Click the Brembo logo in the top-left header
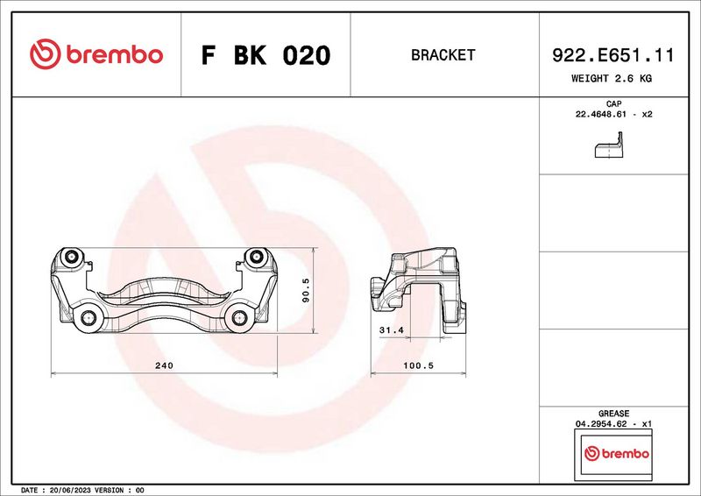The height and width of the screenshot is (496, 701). [x=96, y=54]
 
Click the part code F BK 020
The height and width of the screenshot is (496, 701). [x=266, y=55]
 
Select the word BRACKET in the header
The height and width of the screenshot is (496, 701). [x=443, y=55]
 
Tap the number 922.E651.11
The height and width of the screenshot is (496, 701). [x=612, y=55]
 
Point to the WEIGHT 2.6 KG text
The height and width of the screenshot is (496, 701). [x=612, y=79]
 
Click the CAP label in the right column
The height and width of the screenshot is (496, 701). [x=613, y=103]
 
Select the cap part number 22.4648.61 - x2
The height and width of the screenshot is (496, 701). [x=613, y=115]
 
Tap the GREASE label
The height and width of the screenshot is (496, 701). [x=613, y=413]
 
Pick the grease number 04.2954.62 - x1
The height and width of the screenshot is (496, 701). [x=613, y=423]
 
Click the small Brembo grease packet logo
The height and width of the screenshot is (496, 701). [x=616, y=453]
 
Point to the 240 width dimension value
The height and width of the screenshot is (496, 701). [x=164, y=365]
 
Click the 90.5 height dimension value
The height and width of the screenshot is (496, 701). [x=305, y=290]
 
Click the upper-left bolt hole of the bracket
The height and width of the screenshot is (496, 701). [x=73, y=257]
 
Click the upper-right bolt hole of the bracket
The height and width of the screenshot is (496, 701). [x=257, y=257]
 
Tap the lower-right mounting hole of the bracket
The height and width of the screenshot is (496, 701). [x=240, y=319]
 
